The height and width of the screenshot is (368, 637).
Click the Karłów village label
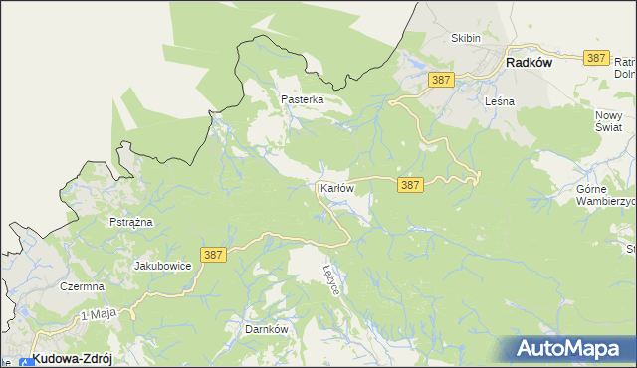(x=337, y=188)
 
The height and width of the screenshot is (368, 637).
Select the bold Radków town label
(x=529, y=61)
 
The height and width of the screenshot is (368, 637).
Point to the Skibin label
(x=465, y=38)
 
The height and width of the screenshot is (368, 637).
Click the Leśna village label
(x=498, y=100)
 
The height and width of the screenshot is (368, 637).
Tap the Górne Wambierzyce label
(x=605, y=194)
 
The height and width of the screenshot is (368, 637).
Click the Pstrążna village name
(x=130, y=222)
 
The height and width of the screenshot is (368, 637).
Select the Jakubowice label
(x=162, y=267)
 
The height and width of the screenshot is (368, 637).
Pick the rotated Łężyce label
(x=333, y=278)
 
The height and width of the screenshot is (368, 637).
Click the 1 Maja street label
(x=100, y=314)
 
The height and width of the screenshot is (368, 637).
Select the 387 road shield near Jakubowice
(x=212, y=256)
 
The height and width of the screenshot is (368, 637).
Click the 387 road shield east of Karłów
(x=411, y=185)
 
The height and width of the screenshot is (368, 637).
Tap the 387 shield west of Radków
(x=442, y=79)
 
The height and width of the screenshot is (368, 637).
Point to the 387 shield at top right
(x=597, y=58)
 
